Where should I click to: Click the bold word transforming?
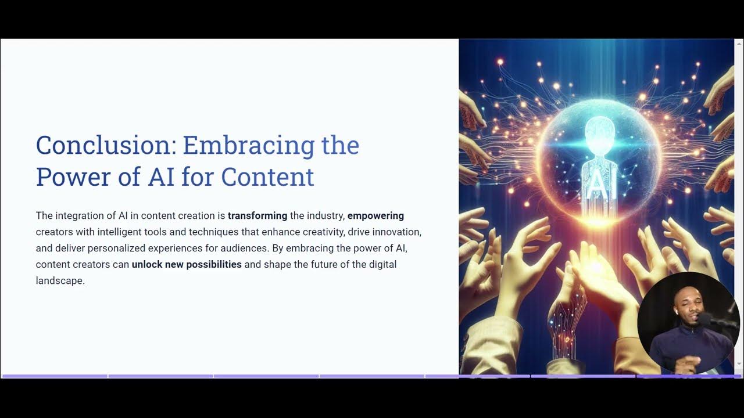[257, 216]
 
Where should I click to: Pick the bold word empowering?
[375, 216]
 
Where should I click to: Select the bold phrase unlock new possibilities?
[187, 265]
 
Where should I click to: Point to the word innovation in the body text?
[399, 232]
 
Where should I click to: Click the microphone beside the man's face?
[707, 319]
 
